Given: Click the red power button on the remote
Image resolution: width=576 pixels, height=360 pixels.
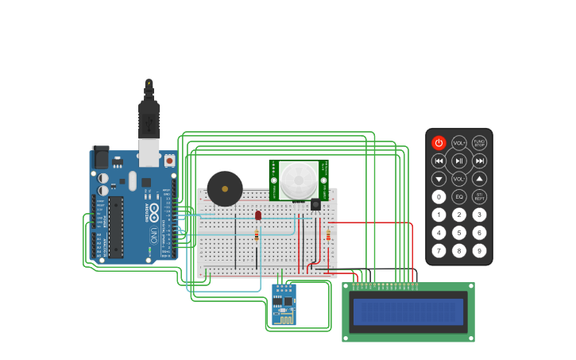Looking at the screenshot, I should [x=439, y=143].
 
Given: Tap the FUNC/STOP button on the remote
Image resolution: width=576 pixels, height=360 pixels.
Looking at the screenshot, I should [x=479, y=143].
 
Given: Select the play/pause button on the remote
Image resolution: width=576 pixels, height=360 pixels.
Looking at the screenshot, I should [x=459, y=161].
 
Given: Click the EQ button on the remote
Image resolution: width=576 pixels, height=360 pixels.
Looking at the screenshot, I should [x=459, y=197].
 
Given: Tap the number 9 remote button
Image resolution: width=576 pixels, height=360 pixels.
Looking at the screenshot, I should [x=479, y=251].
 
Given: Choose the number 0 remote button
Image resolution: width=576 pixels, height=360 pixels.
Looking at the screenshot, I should [x=439, y=197].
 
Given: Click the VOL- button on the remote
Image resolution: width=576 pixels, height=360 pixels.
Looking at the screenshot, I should [x=459, y=180].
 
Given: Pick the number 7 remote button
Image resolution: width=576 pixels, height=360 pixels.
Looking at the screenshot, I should [x=439, y=251].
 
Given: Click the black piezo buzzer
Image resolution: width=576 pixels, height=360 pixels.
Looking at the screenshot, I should [x=225, y=189].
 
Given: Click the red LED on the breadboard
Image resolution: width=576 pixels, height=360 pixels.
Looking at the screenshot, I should [x=258, y=215].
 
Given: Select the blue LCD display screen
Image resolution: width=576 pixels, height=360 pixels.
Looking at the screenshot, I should [x=408, y=312].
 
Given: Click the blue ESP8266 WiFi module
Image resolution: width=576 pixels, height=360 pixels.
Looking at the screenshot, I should [x=284, y=304].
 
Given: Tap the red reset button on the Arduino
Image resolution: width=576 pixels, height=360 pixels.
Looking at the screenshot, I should [x=169, y=160].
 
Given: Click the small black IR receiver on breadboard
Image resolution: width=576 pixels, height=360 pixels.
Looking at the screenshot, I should [x=315, y=205].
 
